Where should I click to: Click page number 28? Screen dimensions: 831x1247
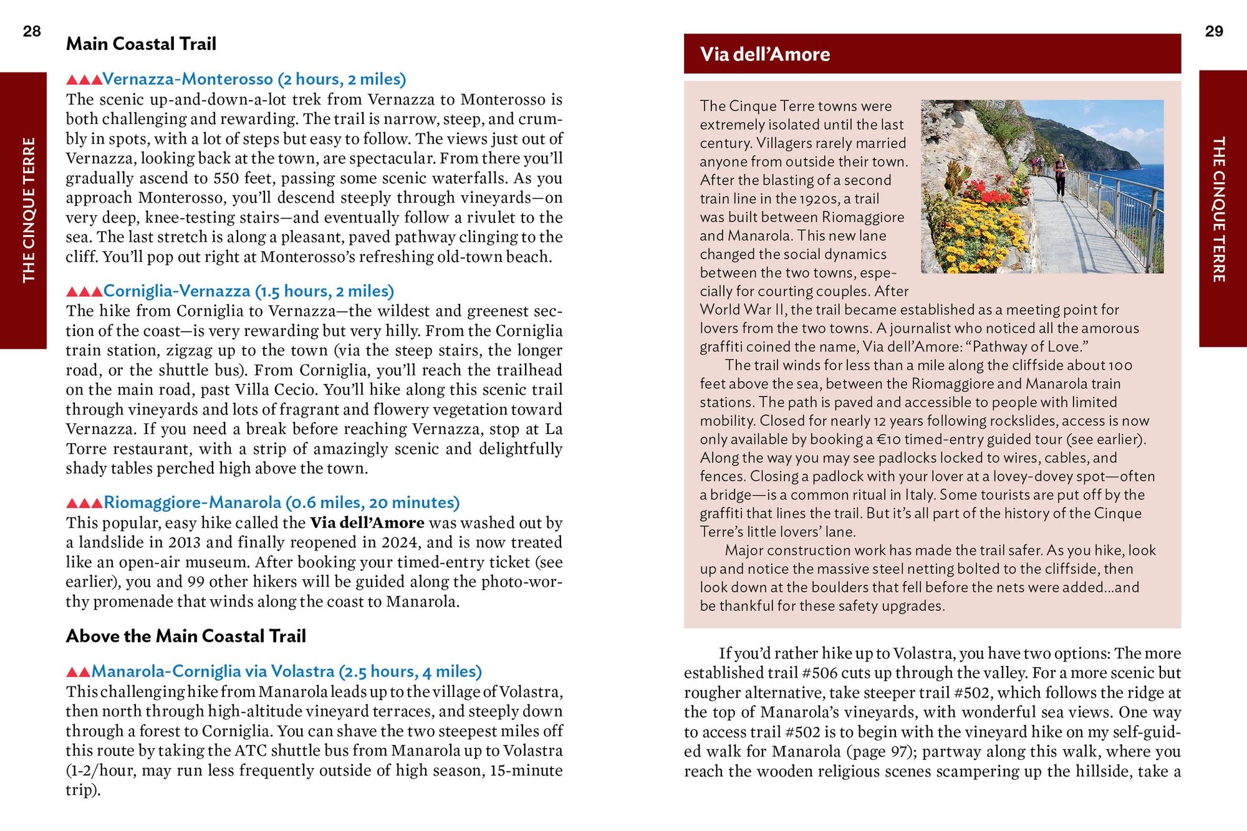[32, 31]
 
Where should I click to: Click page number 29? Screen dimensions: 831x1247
[1213, 31]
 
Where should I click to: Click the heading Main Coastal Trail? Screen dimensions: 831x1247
[141, 44]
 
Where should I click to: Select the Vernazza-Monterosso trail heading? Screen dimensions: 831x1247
[254, 79]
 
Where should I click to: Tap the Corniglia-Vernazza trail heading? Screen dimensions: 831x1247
[248, 291]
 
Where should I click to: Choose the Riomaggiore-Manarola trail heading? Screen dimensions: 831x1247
[281, 502]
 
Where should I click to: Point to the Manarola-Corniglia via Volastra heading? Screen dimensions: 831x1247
[286, 671]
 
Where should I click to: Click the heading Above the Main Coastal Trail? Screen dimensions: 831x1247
[186, 636]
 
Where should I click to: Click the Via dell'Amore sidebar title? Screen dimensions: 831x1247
[764, 54]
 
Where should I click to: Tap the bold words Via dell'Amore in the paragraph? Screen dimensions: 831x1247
[367, 522]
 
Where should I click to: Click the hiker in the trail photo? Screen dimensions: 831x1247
[1061, 176]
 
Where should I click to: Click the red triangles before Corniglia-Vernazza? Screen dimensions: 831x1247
[84, 292]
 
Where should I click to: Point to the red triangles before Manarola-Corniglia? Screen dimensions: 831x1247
[78, 672]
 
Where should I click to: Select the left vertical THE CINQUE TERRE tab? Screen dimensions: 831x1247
[28, 210]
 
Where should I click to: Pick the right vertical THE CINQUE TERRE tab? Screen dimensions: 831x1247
[1219, 209]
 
